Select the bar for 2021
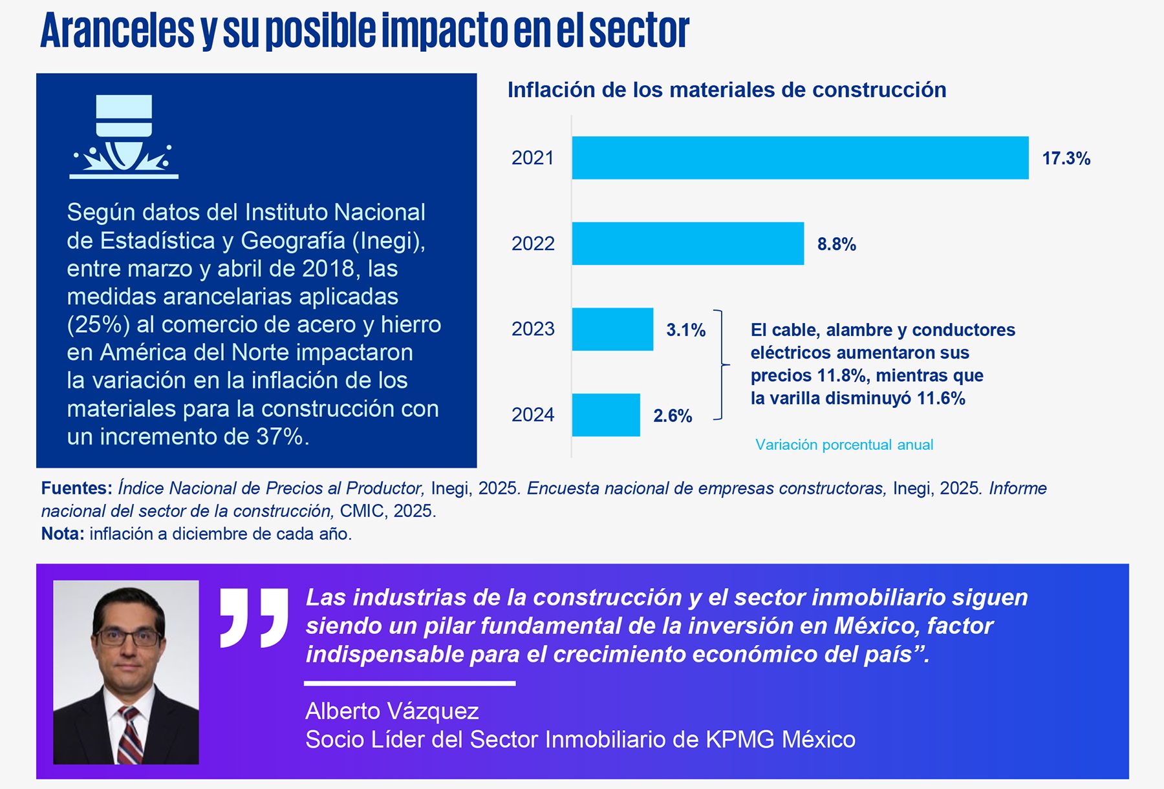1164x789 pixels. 800,158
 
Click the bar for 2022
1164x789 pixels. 687,244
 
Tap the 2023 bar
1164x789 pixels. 612,330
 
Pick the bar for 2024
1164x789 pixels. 606,415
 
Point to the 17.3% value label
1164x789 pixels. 1066,158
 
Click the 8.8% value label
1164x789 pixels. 836,244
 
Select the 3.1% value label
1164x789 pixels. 685,330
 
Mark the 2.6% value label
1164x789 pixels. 673,416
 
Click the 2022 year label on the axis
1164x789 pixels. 533,244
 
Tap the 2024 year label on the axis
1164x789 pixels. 533,415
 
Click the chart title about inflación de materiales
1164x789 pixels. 726,90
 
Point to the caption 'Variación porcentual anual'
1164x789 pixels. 844,445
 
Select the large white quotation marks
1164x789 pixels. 253,617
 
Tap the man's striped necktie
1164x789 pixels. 129,736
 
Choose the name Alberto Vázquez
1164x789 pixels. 392,711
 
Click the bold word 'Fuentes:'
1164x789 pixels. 76,489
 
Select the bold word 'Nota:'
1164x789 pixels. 63,534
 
